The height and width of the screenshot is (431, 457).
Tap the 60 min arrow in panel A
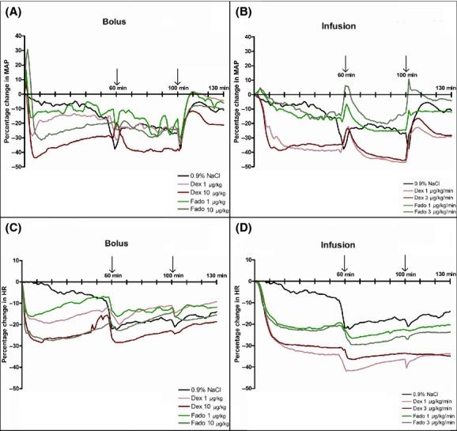click(117, 77)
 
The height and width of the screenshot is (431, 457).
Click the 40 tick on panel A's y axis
click(17, 36)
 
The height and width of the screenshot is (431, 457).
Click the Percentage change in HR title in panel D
click(235, 324)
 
